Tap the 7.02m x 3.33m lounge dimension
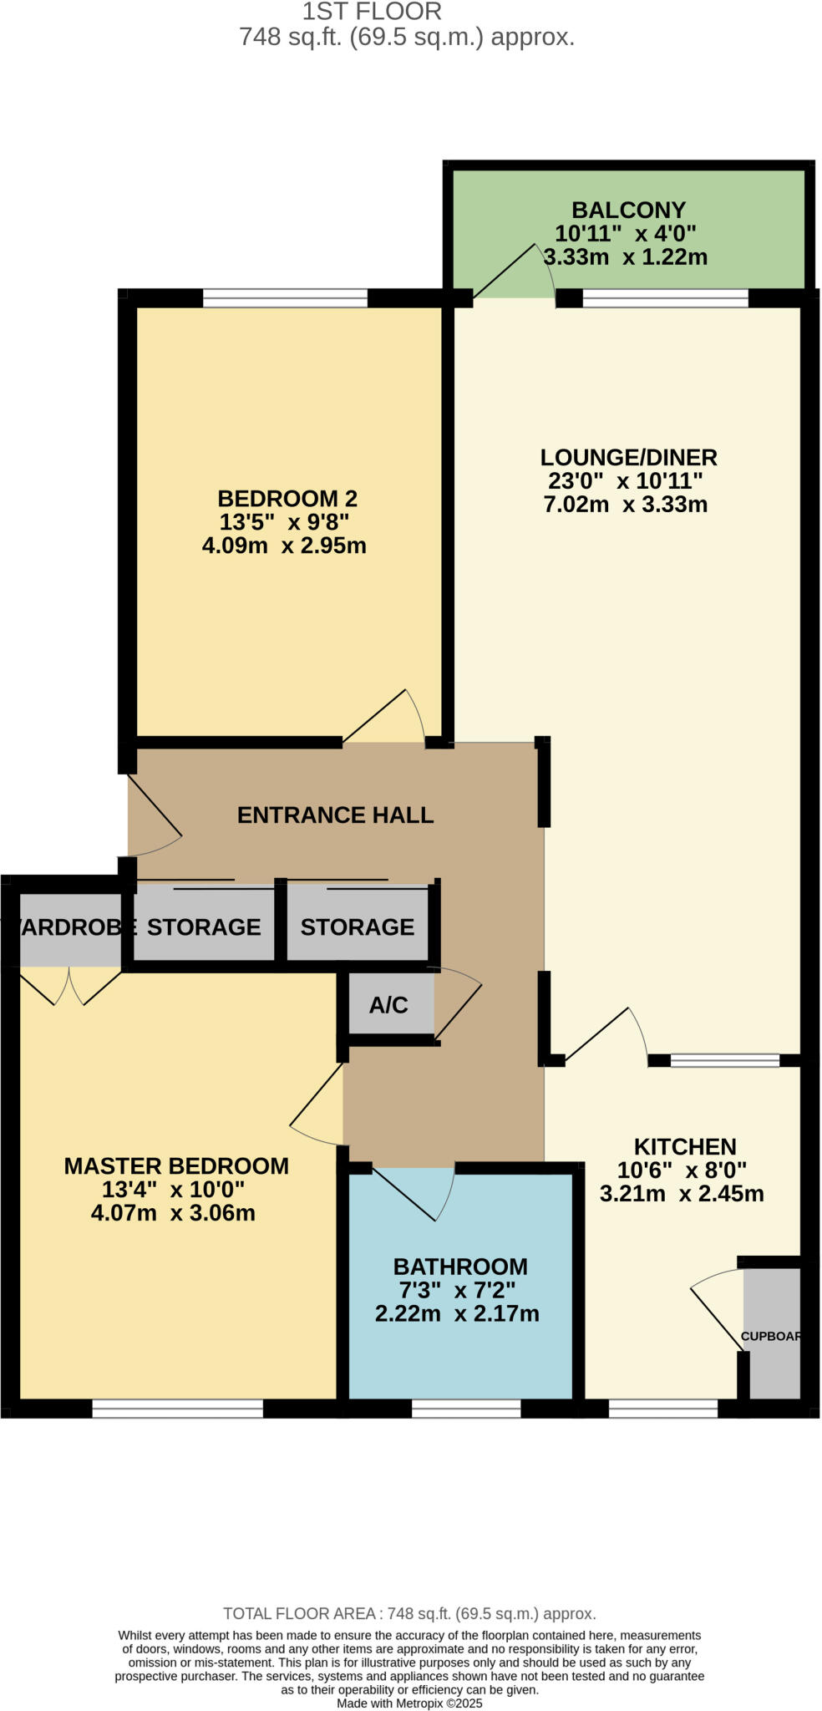pos(625,505)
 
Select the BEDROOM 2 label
pos(287,499)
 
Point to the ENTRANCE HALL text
pos(335,815)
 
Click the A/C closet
pos(389,1004)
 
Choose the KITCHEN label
pos(684,1146)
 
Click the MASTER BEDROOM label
pos(176,1166)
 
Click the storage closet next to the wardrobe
pos(204,926)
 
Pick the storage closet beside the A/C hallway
pos(357,926)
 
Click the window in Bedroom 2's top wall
pos(285,297)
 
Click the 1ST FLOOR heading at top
pos(372,12)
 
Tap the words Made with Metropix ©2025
pos(409,1703)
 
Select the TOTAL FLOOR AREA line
pos(409,1614)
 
